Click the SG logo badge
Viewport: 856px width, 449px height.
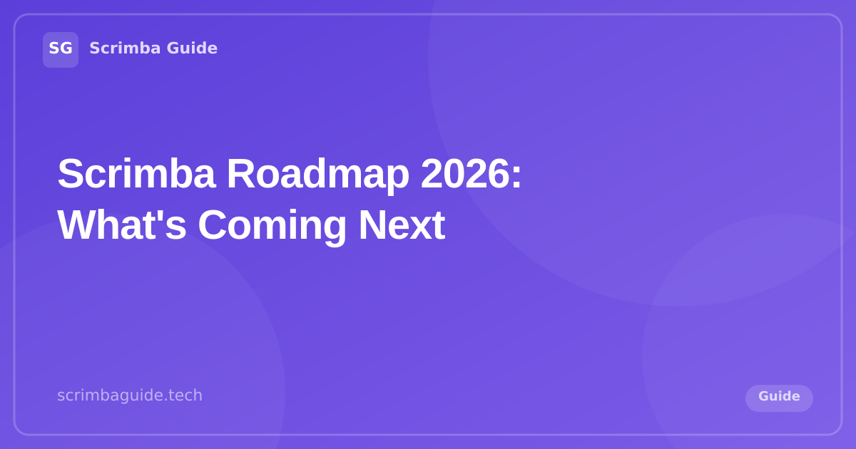pyautogui.click(x=61, y=49)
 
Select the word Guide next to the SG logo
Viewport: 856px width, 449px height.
pyautogui.click(x=192, y=48)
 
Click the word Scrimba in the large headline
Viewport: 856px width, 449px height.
pyautogui.click(x=136, y=173)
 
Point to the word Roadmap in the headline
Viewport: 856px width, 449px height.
pyautogui.click(x=317, y=173)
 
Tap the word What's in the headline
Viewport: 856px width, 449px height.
pyautogui.click(x=121, y=224)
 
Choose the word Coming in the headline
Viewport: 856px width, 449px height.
pyautogui.click(x=272, y=224)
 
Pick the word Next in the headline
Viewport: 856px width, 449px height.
pyautogui.click(x=401, y=224)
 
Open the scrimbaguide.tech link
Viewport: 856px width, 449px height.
pyautogui.click(x=130, y=395)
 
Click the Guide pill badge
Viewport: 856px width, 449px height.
pyautogui.click(x=779, y=398)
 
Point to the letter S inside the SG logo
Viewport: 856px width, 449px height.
pyautogui.click(x=54, y=48)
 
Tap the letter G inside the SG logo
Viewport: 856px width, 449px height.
pyautogui.click(x=66, y=48)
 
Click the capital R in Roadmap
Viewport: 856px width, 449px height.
pyautogui.click(x=240, y=173)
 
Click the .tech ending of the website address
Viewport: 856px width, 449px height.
pyautogui.click(x=185, y=395)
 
